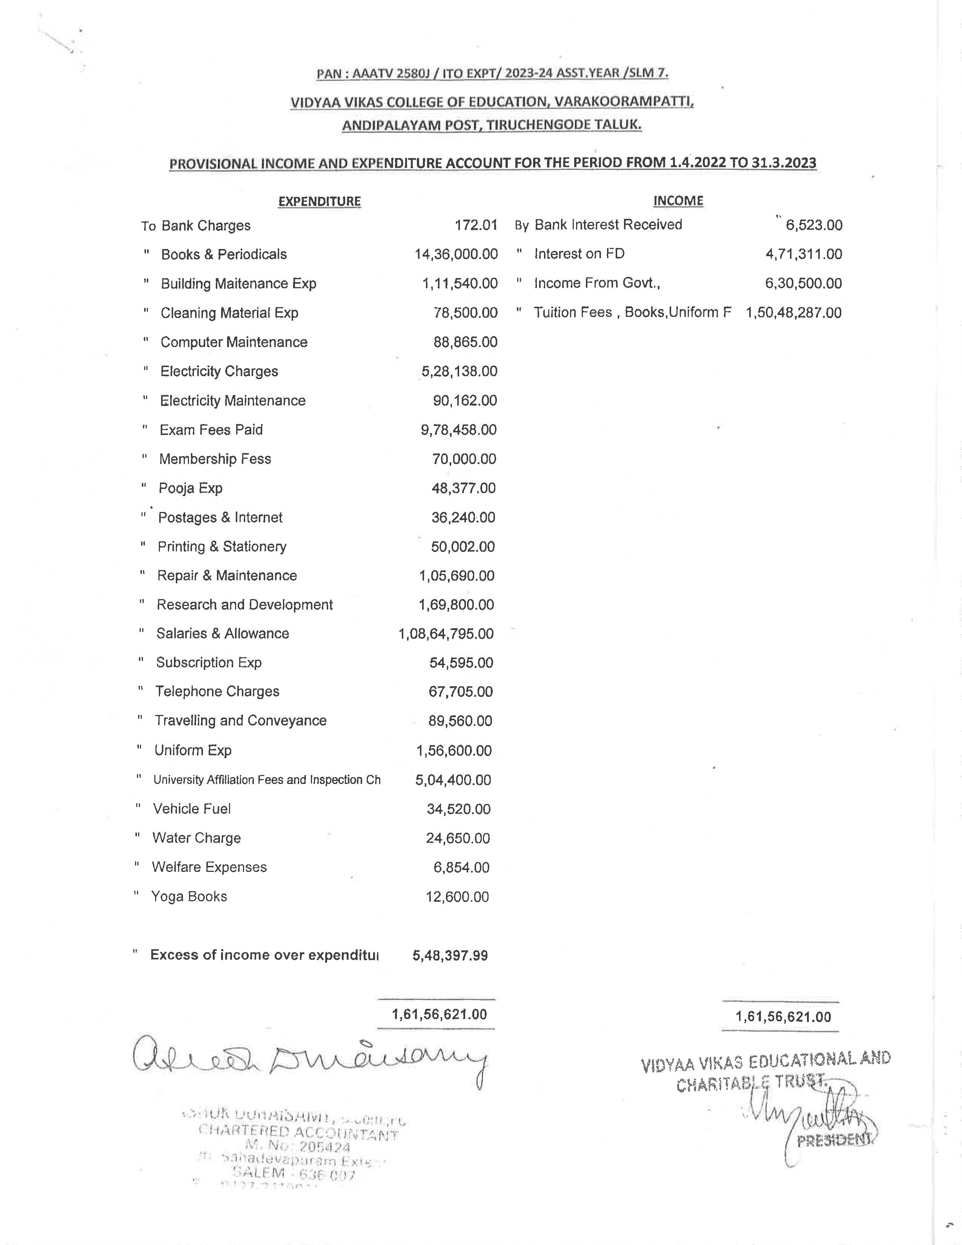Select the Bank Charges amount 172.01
(x=476, y=225)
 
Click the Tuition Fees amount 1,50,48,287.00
(x=793, y=312)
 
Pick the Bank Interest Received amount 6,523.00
(x=814, y=225)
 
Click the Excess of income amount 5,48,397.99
(x=450, y=955)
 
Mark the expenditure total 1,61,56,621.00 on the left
(x=439, y=1014)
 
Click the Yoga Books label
(x=189, y=897)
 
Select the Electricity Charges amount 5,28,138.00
(x=459, y=371)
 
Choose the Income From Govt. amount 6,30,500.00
(x=803, y=283)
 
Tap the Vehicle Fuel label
(x=192, y=808)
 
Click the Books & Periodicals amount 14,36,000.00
(x=456, y=254)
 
